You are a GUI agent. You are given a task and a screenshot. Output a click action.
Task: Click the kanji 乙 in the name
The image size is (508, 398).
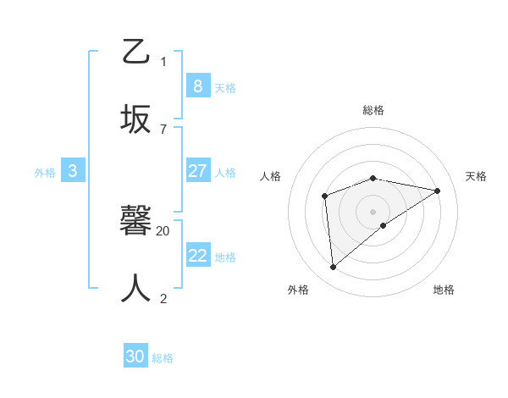[x=136, y=53]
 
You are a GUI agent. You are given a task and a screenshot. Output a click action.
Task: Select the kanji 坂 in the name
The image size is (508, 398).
[x=136, y=119]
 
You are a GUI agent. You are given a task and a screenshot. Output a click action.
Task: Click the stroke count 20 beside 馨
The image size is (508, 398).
[x=163, y=230]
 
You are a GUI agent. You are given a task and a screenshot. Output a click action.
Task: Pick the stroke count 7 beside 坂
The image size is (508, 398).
[x=163, y=129]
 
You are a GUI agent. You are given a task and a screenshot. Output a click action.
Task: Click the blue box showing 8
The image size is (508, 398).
[x=197, y=86]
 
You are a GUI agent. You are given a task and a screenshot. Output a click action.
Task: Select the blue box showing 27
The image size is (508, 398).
[x=197, y=171]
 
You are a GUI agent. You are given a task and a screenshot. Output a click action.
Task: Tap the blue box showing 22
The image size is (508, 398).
[x=197, y=256]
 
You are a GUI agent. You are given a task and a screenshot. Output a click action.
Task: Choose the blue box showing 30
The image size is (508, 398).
[x=135, y=357]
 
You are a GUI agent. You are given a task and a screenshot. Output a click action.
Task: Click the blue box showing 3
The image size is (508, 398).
[x=73, y=171]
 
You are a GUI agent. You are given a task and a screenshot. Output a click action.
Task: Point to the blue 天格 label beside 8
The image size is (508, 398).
[x=225, y=87]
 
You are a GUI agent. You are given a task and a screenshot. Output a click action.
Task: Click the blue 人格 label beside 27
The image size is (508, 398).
[x=225, y=173]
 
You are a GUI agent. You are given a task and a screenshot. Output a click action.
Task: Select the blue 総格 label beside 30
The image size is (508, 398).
[x=163, y=358]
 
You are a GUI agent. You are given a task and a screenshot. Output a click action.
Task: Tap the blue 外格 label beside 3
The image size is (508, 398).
[x=45, y=173]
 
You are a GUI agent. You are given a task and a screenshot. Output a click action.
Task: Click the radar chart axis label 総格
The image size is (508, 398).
[x=373, y=110]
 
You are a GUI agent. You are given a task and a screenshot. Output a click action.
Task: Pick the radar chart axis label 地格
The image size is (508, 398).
[x=444, y=290]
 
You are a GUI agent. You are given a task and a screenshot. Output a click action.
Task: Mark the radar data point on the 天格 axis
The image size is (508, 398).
[x=438, y=191]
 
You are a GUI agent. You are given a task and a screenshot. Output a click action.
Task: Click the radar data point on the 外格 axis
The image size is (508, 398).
[x=334, y=268]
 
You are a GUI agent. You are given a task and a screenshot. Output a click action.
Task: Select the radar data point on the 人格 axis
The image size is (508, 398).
[x=324, y=196]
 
